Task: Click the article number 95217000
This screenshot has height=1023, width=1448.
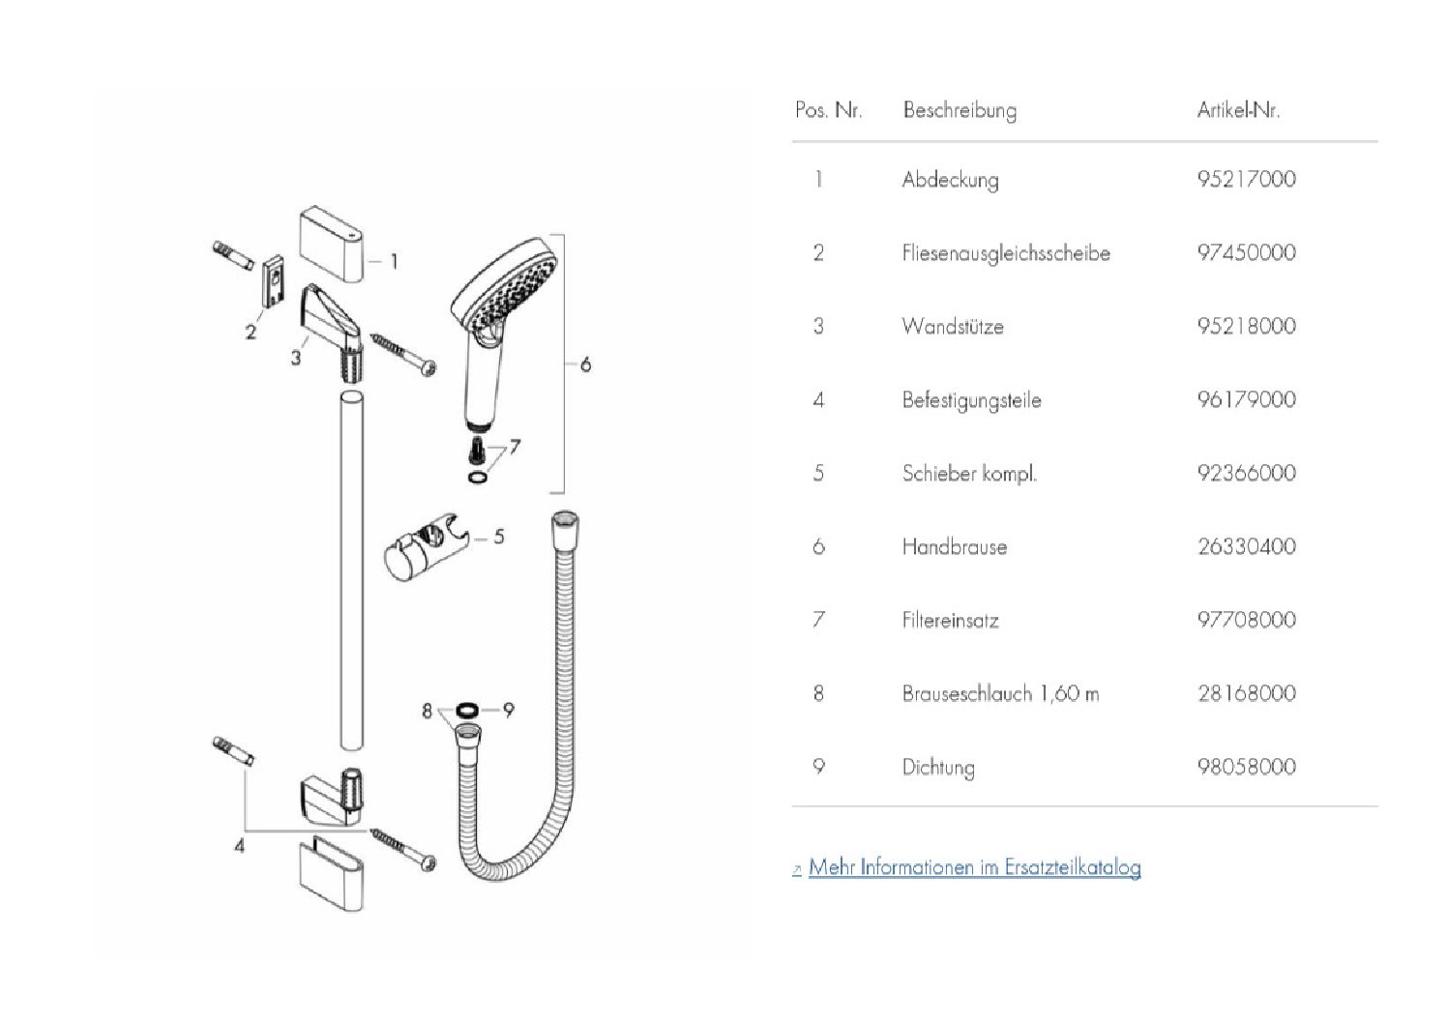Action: coord(1246,179)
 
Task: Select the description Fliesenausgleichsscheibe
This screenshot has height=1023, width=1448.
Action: coord(1005,253)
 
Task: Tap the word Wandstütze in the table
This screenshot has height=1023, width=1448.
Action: coord(952,326)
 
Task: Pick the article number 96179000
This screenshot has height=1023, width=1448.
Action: coord(1246,399)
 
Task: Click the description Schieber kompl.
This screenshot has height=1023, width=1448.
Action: coord(968,473)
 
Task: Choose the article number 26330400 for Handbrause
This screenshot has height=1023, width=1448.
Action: coord(1246,546)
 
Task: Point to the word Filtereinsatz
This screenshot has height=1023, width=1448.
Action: coord(950,620)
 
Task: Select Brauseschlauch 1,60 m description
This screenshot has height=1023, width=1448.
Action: coord(1000,693)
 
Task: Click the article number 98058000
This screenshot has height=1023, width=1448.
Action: coord(1246,767)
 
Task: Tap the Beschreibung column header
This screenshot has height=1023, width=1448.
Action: coord(960,110)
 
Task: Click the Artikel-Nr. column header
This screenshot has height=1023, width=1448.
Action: coord(1238,110)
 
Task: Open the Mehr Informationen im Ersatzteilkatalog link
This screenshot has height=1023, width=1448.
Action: coord(974,867)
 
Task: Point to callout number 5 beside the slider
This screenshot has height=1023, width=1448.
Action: coord(499,536)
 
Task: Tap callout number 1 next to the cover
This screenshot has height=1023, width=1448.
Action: coord(394,261)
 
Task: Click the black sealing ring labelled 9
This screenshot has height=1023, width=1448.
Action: coord(466,711)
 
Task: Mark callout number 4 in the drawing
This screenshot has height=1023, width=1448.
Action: coord(239,845)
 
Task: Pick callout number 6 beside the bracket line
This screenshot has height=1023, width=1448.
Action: coord(585,365)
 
